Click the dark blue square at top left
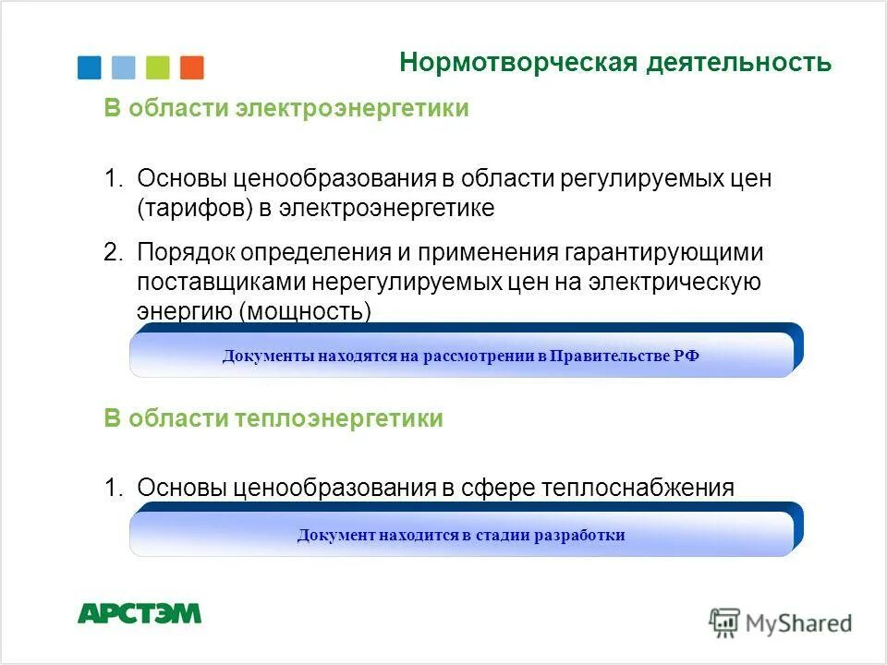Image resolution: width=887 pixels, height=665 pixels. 90,67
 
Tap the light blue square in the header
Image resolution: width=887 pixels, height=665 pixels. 123,67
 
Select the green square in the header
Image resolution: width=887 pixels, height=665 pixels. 158,67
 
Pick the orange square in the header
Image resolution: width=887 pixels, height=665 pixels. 192,67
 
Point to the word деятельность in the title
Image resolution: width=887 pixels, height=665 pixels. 739,63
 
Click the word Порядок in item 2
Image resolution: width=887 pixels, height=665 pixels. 181,252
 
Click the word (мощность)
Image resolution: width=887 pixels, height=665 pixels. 305,312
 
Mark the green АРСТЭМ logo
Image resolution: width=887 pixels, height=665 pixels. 139,613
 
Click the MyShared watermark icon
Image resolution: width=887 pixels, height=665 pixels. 724,622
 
